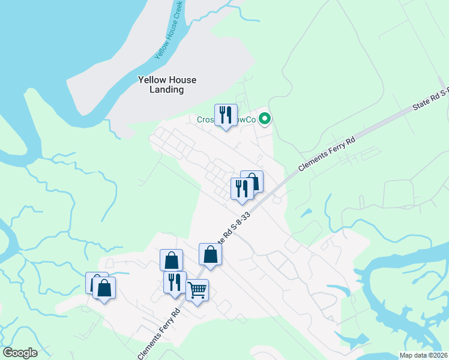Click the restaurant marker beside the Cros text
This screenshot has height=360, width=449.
[226, 115]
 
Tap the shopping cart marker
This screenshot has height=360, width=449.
[197, 291]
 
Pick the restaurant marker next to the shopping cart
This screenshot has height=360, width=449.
[175, 283]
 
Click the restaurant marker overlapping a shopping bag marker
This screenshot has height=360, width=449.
[242, 189]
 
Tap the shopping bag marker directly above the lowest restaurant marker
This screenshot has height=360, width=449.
[171, 260]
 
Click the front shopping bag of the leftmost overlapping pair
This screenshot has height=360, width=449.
[104, 288]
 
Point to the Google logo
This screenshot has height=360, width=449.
[20, 353]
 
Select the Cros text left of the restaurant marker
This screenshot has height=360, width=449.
[206, 119]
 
